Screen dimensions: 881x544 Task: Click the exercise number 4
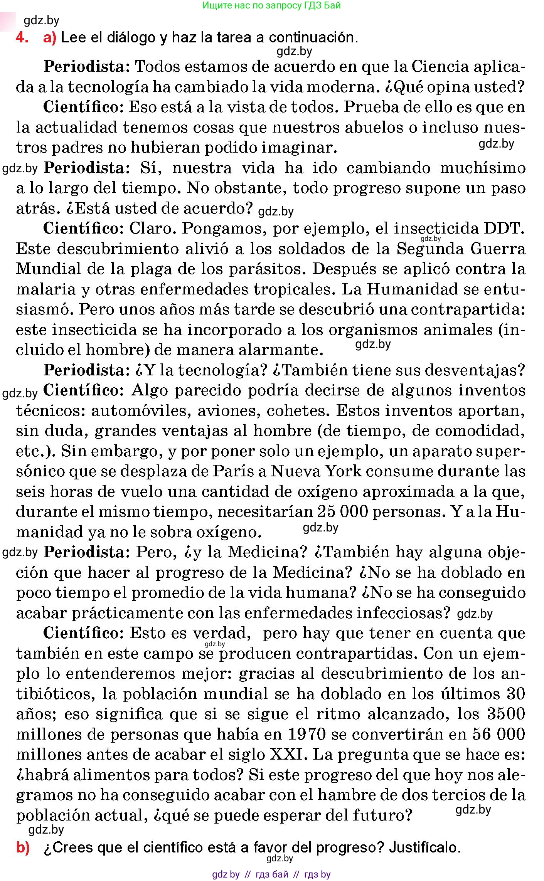(x=22, y=38)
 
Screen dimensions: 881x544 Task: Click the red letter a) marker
(x=50, y=38)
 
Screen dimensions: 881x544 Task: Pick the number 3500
(x=506, y=714)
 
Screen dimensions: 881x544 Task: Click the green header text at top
(x=271, y=5)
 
